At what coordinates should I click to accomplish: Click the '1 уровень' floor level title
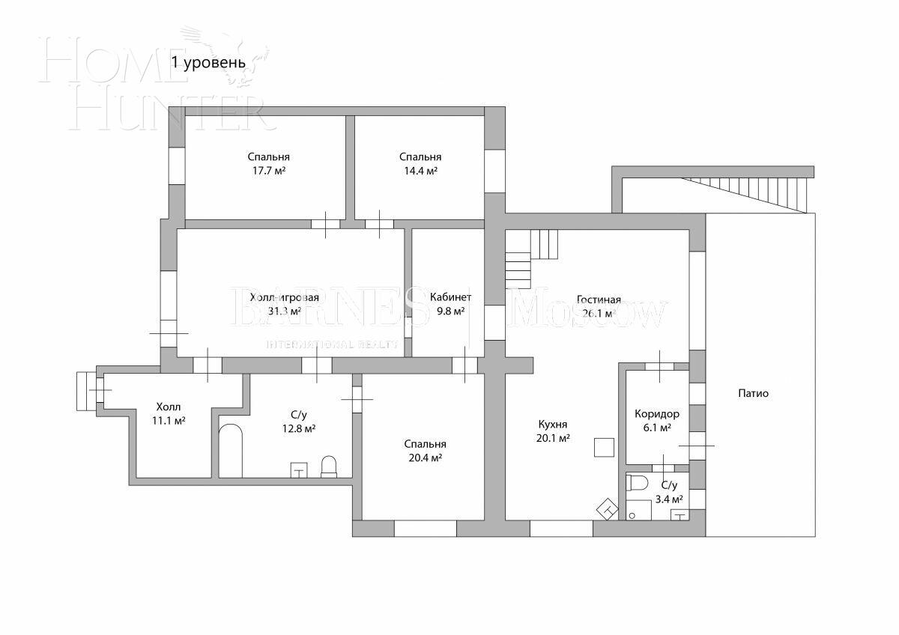point(208,62)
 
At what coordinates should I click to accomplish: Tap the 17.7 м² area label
point(268,171)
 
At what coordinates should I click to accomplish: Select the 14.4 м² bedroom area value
point(420,171)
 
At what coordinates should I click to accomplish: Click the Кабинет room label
point(450,297)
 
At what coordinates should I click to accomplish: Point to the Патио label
point(753,393)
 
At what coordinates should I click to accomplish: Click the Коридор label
point(656,413)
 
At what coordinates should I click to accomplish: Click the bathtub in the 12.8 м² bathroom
point(231,451)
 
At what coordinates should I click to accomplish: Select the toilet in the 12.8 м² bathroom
point(329,467)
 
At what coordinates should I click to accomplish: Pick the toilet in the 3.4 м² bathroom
point(638,481)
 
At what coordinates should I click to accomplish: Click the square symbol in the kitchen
point(604,447)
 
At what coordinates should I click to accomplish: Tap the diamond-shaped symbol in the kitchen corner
point(608,509)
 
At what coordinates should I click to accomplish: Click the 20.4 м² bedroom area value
point(423,458)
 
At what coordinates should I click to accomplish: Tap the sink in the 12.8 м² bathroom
point(299,470)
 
